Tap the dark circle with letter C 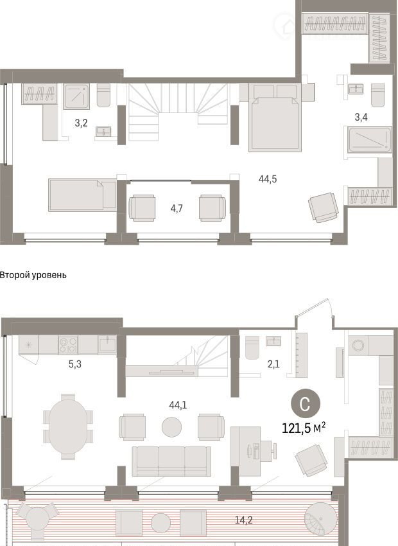click(305, 405)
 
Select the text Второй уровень click(33, 275)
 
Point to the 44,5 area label click(268, 179)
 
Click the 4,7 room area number click(177, 208)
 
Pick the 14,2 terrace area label click(243, 520)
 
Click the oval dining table click(68, 427)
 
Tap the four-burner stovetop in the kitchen click(68, 345)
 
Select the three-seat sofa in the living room click(171, 461)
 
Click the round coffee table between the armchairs click(171, 427)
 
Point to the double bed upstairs click(275, 118)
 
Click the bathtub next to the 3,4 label click(370, 139)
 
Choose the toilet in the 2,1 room click(252, 347)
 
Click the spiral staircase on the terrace click(321, 519)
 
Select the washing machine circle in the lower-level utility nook click(358, 345)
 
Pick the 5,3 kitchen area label click(75, 364)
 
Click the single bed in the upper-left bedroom click(82, 195)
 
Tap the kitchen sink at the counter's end click(107, 345)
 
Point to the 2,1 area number click(273, 364)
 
